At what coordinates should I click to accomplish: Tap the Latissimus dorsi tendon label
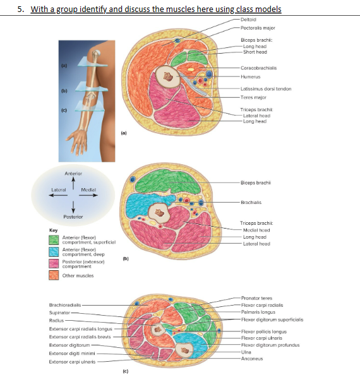click(x=266, y=89)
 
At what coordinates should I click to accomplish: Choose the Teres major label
click(x=254, y=97)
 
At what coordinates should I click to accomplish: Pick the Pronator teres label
click(x=256, y=297)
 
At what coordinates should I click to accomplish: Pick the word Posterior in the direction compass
click(x=75, y=216)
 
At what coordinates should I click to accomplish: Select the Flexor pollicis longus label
click(x=263, y=331)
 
